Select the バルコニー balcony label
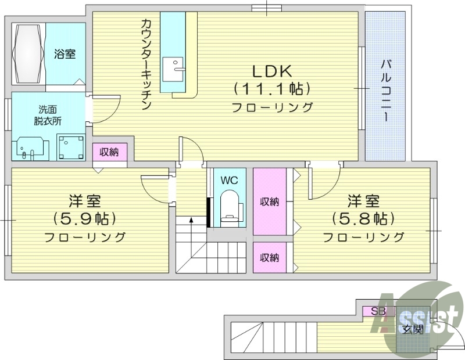pos(385,91)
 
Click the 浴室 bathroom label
pos(65,55)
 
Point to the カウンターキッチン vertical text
pos(146,64)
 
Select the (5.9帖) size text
pos(85,218)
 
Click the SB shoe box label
pos(378,311)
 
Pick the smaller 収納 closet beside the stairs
pos(269,257)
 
